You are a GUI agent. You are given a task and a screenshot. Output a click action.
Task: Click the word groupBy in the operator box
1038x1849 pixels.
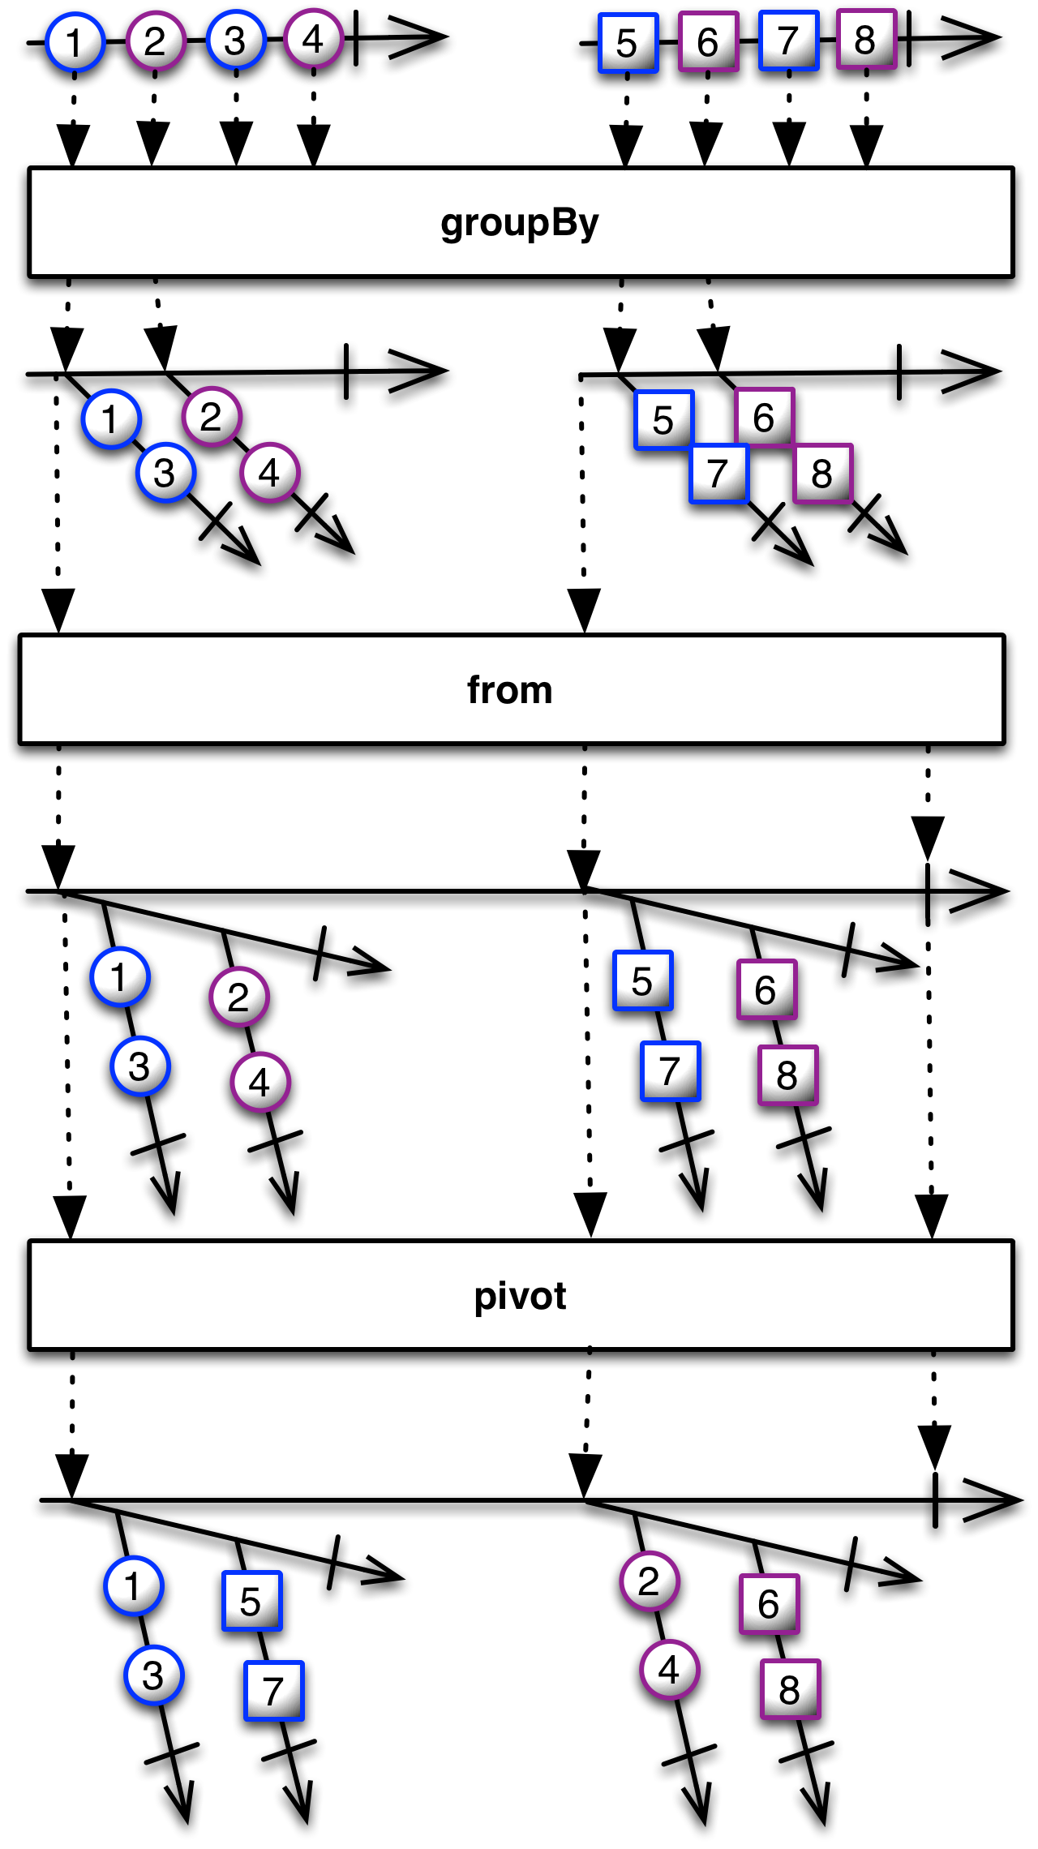[x=519, y=224]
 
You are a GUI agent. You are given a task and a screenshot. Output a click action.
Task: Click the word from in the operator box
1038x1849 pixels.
[x=509, y=690]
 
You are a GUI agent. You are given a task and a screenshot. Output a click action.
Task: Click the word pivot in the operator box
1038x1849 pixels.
[x=520, y=1296]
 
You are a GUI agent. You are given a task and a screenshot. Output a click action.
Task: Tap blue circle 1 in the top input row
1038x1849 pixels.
[x=75, y=42]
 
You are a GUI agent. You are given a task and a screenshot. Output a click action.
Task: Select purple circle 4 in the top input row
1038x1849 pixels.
[x=313, y=39]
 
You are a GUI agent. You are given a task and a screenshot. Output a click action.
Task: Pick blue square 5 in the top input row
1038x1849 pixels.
[x=628, y=43]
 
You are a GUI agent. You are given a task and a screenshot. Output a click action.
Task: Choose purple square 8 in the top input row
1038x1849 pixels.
[x=866, y=40]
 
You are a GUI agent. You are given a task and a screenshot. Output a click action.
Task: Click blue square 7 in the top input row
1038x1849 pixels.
[x=788, y=41]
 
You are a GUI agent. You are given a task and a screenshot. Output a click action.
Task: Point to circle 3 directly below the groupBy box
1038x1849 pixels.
[x=165, y=473]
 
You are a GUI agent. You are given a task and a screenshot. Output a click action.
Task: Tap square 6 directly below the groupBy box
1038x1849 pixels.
[x=764, y=418]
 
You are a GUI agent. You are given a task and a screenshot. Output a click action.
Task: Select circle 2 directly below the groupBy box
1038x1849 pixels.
[x=212, y=417]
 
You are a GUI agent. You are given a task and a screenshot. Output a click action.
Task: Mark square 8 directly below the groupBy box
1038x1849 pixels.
[x=822, y=474]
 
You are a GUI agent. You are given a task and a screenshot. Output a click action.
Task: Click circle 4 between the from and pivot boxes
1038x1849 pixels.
[x=259, y=1082]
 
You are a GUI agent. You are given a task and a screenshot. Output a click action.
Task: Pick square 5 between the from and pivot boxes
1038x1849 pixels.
[x=642, y=981]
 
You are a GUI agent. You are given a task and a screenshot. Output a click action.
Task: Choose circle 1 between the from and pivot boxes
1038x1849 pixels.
[x=119, y=977]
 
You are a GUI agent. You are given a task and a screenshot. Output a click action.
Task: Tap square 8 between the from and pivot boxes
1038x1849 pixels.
[x=787, y=1075]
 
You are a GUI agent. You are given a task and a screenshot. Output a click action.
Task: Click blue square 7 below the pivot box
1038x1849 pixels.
[x=273, y=1691]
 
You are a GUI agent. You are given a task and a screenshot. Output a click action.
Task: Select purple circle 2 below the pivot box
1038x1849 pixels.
[x=649, y=1581]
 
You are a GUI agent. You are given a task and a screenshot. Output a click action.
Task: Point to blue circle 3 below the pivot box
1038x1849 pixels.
[x=153, y=1675]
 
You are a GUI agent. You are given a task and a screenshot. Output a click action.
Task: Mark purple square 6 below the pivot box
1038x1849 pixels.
[x=769, y=1604]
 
